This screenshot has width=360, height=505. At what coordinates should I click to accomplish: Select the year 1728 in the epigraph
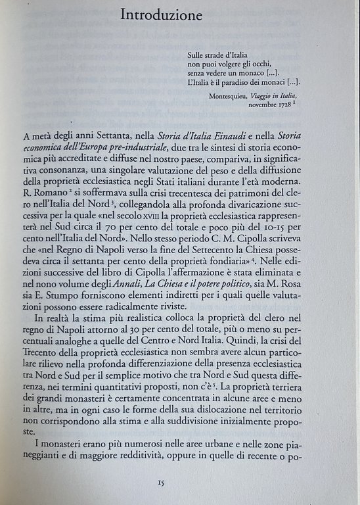[x=278, y=105]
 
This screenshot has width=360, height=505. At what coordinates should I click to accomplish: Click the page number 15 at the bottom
[x=161, y=483]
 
